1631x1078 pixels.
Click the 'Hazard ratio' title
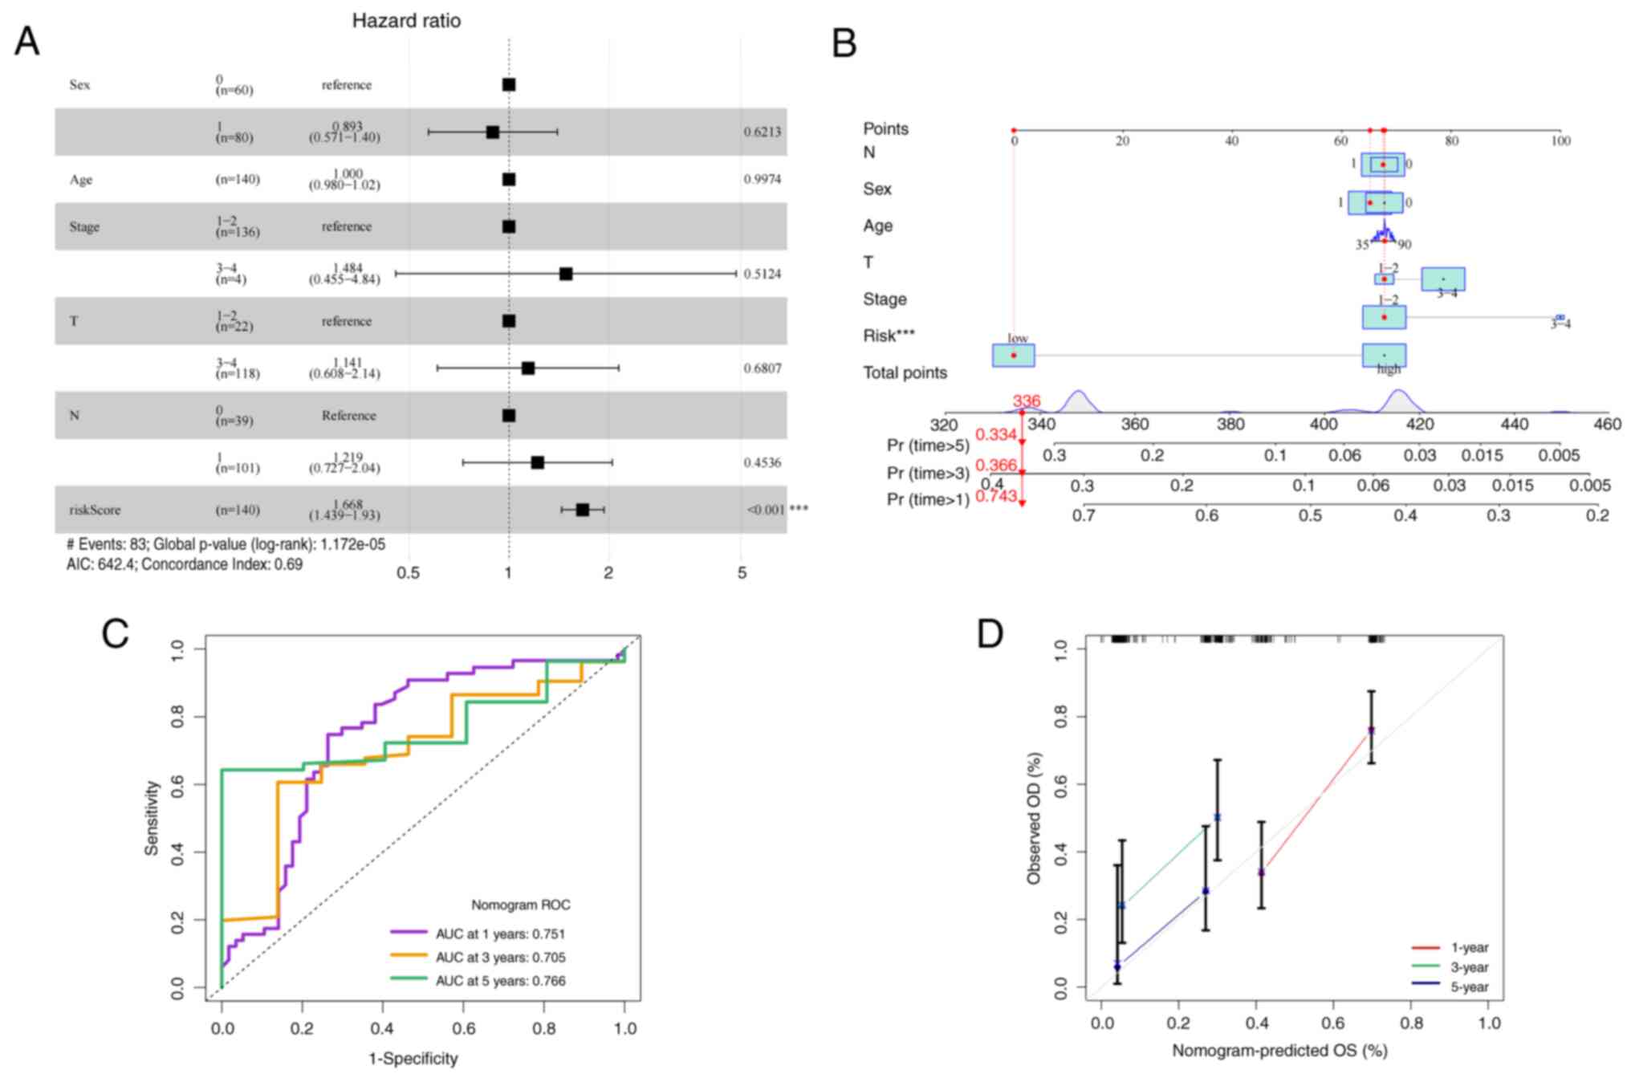pyautogui.click(x=406, y=21)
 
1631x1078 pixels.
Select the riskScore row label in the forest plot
pyautogui.click(x=95, y=510)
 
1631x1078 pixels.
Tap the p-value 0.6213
pyautogui.click(x=762, y=132)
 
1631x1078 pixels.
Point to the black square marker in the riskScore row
pyautogui.click(x=583, y=510)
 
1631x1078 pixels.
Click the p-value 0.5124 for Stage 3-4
pyautogui.click(x=762, y=274)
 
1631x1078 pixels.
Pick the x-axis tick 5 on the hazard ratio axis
pyautogui.click(x=742, y=573)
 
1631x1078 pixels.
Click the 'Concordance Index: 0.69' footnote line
pyautogui.click(x=184, y=564)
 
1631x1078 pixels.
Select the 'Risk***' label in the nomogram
pyautogui.click(x=889, y=336)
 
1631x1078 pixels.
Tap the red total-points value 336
pyautogui.click(x=1026, y=401)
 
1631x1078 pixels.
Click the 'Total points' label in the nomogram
pyautogui.click(x=905, y=372)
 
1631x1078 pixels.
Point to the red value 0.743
pyautogui.click(x=996, y=496)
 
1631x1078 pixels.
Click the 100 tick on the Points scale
pyautogui.click(x=1560, y=141)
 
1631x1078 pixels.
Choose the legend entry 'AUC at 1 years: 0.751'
pyautogui.click(x=499, y=934)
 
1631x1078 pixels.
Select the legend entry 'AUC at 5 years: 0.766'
pyautogui.click(x=499, y=981)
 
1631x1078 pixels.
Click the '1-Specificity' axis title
pyautogui.click(x=413, y=1059)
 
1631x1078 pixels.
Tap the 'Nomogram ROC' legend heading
pyautogui.click(x=520, y=905)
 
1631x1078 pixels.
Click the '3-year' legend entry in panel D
pyautogui.click(x=1468, y=967)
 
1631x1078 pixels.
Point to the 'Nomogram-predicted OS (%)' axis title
pyautogui.click(x=1279, y=1050)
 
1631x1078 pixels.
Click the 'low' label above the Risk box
pyautogui.click(x=1017, y=338)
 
